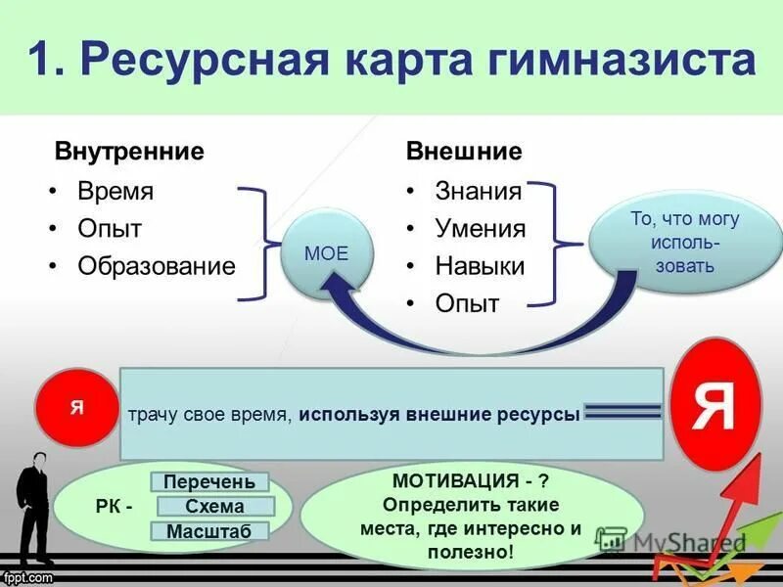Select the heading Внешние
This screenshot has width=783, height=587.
point(464,152)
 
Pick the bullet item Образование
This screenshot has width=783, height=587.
point(157,266)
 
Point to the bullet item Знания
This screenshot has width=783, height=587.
point(479,191)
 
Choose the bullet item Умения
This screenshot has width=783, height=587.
point(481,229)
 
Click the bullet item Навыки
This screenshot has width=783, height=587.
point(480,266)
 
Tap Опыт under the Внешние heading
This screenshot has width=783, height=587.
point(467,303)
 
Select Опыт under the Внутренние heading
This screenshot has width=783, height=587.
point(110,229)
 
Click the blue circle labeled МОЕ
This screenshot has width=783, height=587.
point(326,253)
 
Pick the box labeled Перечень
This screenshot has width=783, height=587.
point(209,481)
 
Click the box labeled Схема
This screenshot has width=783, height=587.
point(214,506)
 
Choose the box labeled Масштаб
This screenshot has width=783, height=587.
point(208,531)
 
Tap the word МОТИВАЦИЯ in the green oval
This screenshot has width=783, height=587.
point(454,481)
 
